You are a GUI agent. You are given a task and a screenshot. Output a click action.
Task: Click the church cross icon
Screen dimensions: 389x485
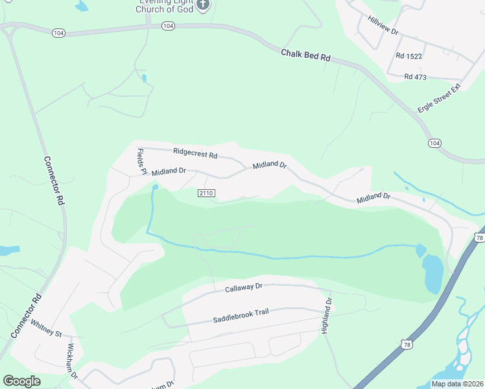[203, 5]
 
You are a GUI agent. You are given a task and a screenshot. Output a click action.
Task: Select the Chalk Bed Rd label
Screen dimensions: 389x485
[306, 55]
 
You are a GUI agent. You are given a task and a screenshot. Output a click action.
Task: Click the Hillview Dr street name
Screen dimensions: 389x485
[383, 27]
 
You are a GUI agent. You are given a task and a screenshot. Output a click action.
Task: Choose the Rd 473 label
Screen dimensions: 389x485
[415, 77]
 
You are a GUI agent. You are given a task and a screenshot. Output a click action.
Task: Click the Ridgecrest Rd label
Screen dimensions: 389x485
[195, 154]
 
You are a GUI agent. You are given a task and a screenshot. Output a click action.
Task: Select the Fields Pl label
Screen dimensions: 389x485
[141, 161]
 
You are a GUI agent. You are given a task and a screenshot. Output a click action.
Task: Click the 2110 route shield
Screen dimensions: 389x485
[206, 193]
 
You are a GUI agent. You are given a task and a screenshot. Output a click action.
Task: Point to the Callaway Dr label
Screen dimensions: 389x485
[244, 287]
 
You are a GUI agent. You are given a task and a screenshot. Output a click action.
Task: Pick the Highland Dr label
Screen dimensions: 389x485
[327, 316]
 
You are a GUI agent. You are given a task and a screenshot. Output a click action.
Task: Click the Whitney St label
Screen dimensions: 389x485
[45, 329]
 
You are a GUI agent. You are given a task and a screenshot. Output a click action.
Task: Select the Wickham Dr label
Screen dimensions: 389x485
[71, 362]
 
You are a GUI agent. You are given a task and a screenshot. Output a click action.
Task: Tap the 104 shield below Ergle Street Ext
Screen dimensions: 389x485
[434, 143]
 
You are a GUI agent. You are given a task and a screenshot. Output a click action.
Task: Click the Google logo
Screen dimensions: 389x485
[21, 381]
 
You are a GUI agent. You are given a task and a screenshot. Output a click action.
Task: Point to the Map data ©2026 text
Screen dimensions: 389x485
[456, 384]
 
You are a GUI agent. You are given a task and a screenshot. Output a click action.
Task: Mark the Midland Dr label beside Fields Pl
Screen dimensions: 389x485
[169, 172]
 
